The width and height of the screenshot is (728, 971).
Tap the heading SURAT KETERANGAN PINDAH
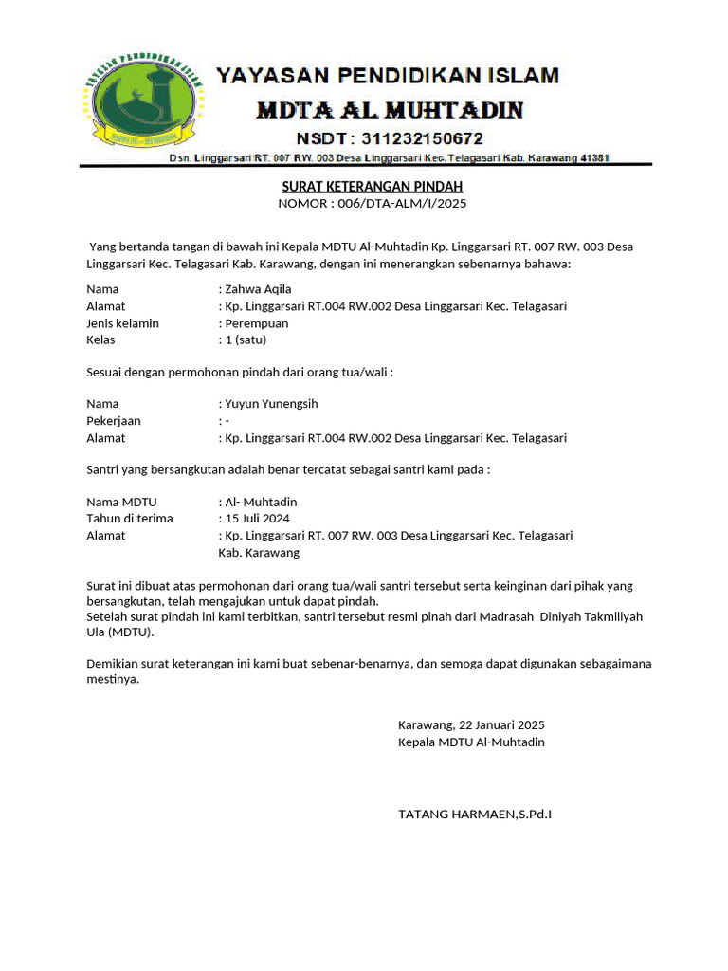(373, 187)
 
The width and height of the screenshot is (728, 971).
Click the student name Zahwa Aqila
(258, 289)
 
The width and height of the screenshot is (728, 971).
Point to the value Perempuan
(257, 323)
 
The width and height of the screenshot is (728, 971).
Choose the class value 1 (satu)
(246, 339)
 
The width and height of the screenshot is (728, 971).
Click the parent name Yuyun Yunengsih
(271, 404)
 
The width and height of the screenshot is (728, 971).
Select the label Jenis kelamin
(122, 323)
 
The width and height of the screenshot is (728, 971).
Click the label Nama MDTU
(121, 502)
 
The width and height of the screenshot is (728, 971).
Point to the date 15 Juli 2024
(257, 519)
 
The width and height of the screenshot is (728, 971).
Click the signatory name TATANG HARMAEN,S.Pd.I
(475, 814)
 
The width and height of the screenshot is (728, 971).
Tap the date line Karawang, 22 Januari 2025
(471, 724)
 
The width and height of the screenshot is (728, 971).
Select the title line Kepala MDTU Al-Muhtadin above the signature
(471, 742)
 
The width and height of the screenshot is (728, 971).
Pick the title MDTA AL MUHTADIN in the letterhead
(390, 110)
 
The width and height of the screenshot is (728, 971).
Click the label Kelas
(100, 339)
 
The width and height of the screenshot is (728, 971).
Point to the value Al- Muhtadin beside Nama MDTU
(261, 502)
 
